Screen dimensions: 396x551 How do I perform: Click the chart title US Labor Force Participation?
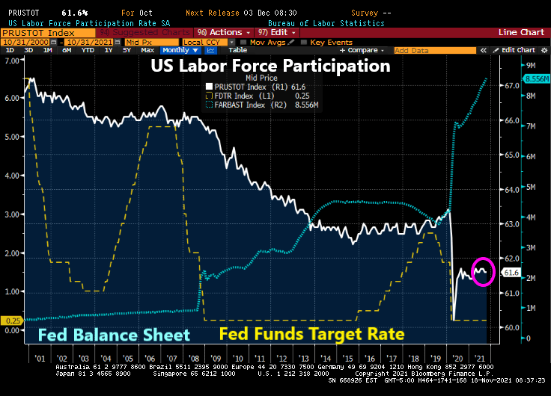point(270,66)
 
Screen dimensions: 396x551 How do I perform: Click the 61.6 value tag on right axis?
point(512,273)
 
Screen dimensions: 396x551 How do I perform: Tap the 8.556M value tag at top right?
point(536,78)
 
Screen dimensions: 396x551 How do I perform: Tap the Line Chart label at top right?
point(523,32)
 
